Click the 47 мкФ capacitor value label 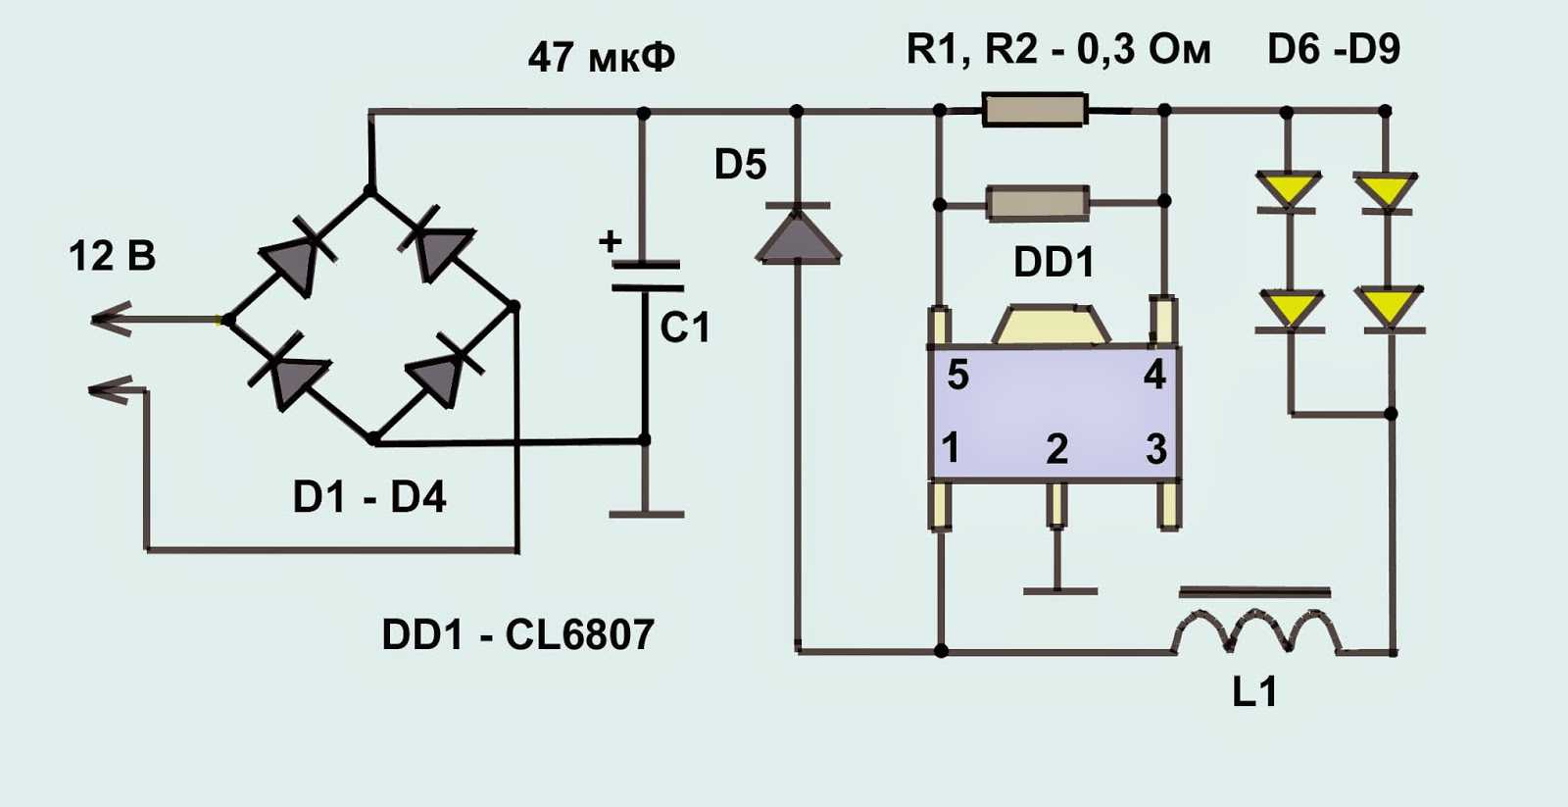(601, 57)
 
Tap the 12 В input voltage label (112, 256)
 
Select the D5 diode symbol (798, 235)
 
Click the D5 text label (740, 165)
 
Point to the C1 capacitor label (684, 328)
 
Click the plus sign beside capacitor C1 (610, 240)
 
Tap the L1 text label (1254, 691)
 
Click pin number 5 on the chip (957, 375)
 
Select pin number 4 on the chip (1154, 375)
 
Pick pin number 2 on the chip (1056, 449)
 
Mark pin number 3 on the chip (1156, 449)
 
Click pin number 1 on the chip (950, 447)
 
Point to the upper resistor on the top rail (1035, 110)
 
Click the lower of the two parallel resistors (1037, 202)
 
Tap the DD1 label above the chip (1053, 262)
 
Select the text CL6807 (579, 634)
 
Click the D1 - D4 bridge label (369, 497)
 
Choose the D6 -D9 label (1333, 49)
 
